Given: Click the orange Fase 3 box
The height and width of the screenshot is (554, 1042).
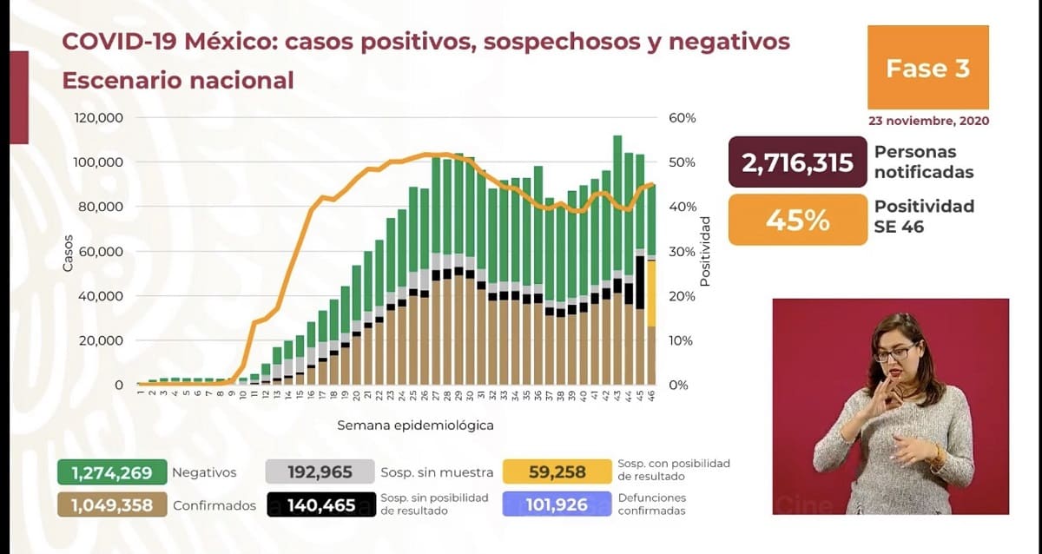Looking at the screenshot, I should [927, 68].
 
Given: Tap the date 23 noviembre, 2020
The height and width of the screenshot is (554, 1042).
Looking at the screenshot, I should [927, 121].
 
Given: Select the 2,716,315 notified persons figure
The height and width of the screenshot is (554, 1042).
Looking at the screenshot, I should [797, 162].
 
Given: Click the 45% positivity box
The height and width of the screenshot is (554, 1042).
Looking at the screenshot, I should [797, 220].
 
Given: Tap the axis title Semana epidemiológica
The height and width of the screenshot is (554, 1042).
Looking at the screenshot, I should [415, 425].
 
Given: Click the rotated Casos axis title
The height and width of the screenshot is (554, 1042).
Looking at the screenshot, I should [68, 253].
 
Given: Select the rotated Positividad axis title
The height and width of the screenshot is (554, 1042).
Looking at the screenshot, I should [705, 251].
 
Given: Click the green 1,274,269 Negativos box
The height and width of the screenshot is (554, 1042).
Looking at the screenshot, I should [112, 473].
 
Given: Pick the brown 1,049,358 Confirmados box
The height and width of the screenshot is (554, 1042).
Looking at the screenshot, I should [112, 505].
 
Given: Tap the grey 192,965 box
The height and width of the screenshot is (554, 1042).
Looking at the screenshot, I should [321, 473].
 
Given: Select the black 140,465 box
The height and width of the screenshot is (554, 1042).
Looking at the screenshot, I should [321, 505].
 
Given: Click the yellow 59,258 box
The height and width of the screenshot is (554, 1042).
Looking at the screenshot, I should [557, 473].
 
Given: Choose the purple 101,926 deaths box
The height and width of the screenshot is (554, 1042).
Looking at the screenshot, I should [557, 505].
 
